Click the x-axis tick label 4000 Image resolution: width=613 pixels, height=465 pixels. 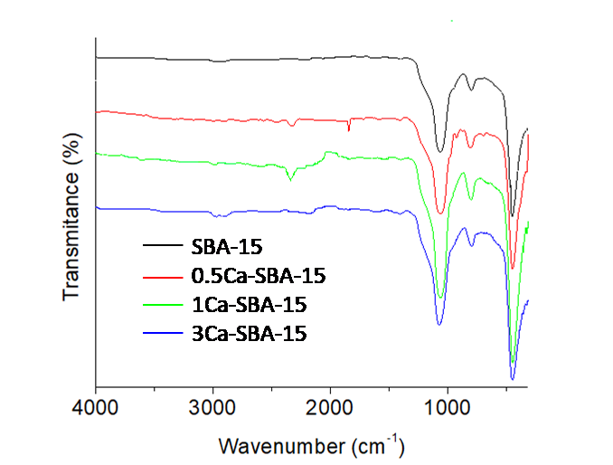(x=95, y=408)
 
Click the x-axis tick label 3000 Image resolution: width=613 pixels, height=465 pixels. (x=212, y=408)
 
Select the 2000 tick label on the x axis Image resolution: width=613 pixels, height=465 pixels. (x=330, y=408)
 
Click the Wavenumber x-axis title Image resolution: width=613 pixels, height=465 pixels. (x=311, y=445)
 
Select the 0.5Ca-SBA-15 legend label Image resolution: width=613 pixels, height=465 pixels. (x=257, y=275)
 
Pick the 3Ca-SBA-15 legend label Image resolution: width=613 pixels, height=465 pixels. (x=249, y=333)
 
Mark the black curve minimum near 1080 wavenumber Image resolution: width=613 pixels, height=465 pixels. (x=440, y=152)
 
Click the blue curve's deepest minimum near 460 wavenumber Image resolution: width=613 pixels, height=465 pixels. (x=512, y=378)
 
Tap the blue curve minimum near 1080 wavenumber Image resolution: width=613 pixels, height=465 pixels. (x=439, y=324)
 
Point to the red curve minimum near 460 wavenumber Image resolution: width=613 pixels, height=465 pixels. (x=512, y=268)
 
